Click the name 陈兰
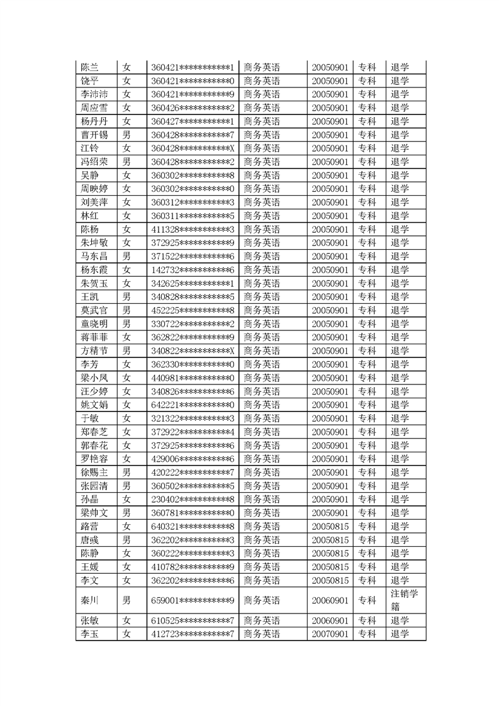coord(91,67)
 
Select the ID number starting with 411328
coord(193,229)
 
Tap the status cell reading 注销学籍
coord(404,600)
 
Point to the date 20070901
coord(330,634)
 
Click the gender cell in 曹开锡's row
coord(126,135)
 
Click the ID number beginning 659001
coord(193,600)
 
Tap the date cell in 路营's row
coord(330,526)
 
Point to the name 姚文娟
coord(94,405)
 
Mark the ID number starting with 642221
coord(193,405)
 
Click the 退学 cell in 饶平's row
coord(400,81)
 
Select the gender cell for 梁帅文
coord(126,513)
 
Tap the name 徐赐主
coord(94,472)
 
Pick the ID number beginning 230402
coord(193,499)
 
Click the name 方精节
coord(94,350)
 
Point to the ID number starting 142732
coord(193,269)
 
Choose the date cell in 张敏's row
coord(330,620)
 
